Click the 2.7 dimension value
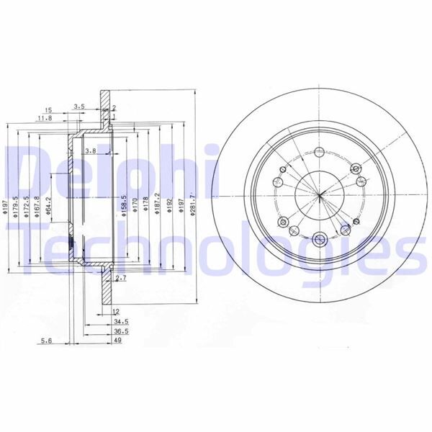point(121,277)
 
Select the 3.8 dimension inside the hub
point(91,150)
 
